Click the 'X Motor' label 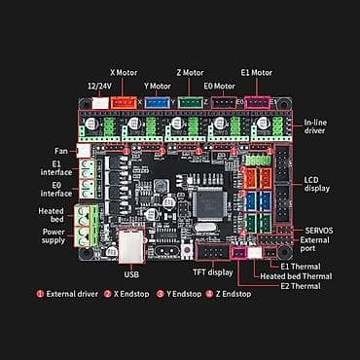[126, 72]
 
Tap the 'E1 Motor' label [257, 72]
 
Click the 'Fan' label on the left [59, 150]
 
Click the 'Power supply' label [53, 237]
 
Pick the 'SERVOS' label [315, 229]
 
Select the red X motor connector [124, 101]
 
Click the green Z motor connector [191, 101]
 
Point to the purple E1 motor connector [258, 101]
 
